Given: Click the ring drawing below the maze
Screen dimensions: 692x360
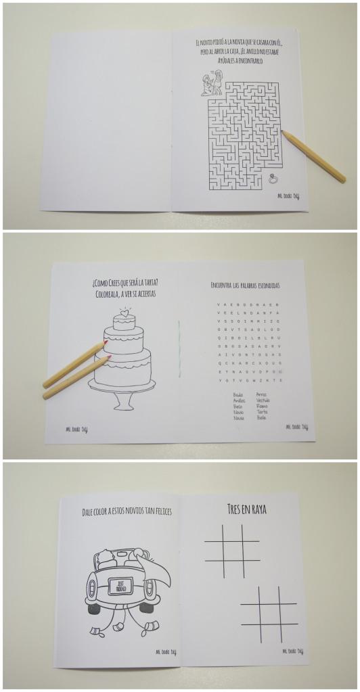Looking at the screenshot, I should tap(274, 179).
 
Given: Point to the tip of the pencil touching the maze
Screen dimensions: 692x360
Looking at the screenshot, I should tap(283, 133).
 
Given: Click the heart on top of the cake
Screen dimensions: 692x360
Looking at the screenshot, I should tap(123, 313).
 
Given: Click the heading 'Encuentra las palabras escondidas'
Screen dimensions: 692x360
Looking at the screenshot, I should tap(244, 285).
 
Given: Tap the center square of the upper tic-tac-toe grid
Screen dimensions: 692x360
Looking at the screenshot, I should tap(232, 551).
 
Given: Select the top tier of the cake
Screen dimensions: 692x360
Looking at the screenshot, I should tap(124, 323).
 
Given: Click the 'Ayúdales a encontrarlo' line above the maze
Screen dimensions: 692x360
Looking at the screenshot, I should tap(235, 61).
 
